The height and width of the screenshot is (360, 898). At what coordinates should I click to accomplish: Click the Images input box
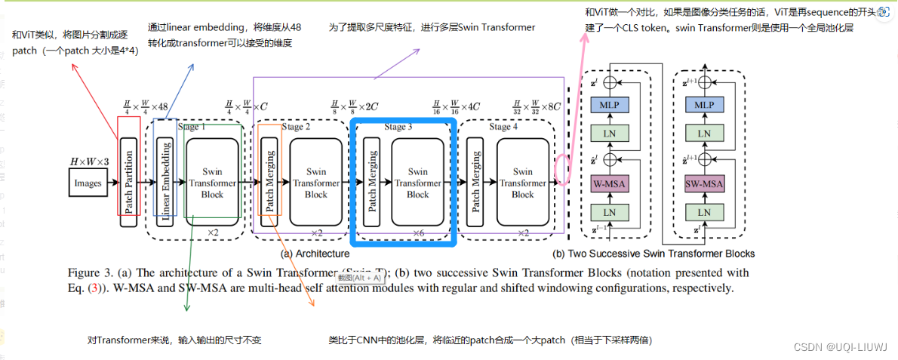click(x=88, y=183)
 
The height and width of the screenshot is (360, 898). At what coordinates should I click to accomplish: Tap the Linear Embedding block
click(x=166, y=180)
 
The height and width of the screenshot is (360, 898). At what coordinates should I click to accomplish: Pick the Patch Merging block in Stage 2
click(x=269, y=179)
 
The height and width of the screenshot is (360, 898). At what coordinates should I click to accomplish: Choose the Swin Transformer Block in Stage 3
click(x=417, y=183)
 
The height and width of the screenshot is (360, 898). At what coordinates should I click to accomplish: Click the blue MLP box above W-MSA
click(x=610, y=104)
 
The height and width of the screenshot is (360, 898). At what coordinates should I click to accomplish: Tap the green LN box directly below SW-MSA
click(x=703, y=213)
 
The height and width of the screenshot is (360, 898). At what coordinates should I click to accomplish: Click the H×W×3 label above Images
click(x=88, y=162)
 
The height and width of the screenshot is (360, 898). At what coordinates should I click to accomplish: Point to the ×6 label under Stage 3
click(x=418, y=233)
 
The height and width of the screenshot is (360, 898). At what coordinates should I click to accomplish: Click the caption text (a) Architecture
click(x=315, y=254)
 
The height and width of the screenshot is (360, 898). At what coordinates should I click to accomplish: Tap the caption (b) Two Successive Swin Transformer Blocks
click(x=654, y=254)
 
